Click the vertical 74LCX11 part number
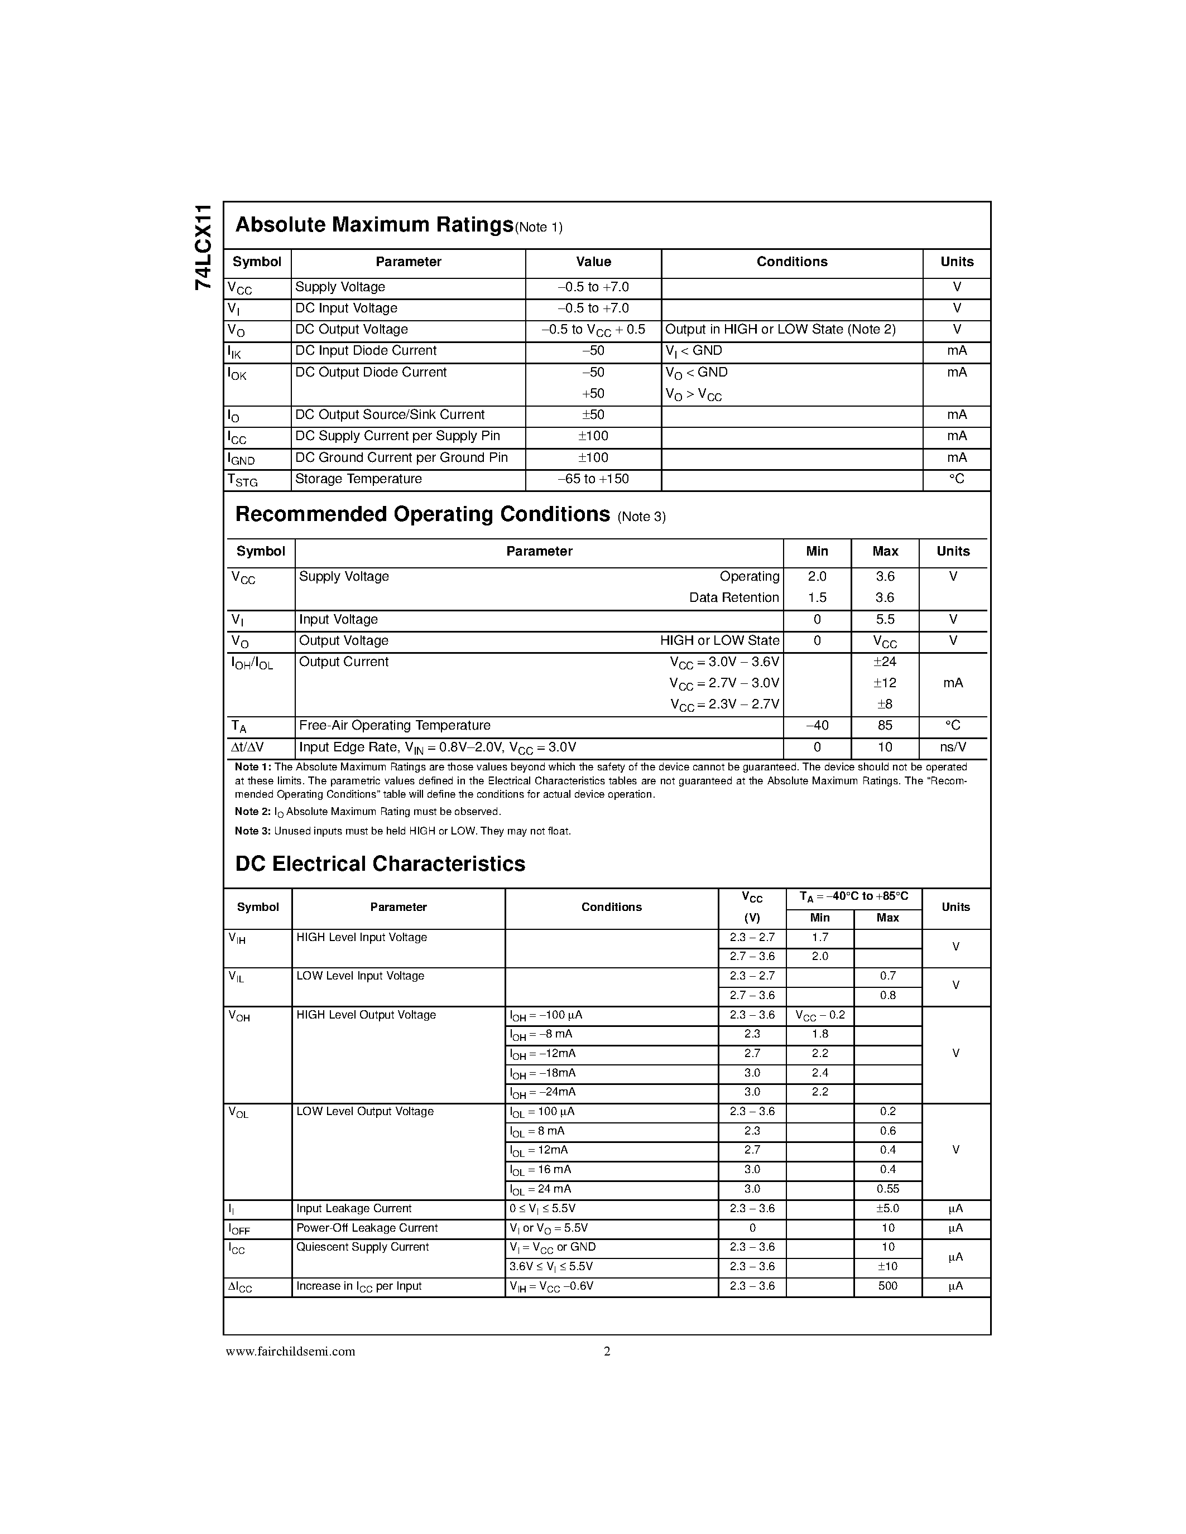pyautogui.click(x=203, y=247)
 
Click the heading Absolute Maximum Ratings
pyautogui.click(x=374, y=225)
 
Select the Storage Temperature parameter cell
pyautogui.click(x=358, y=479)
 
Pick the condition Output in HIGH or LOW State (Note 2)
pyautogui.click(x=780, y=330)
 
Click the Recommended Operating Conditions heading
pyautogui.click(x=422, y=515)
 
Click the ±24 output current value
pyautogui.click(x=885, y=662)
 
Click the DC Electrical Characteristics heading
pyautogui.click(x=380, y=864)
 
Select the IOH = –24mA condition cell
pyautogui.click(x=542, y=1092)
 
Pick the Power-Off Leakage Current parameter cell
pyautogui.click(x=367, y=1228)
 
